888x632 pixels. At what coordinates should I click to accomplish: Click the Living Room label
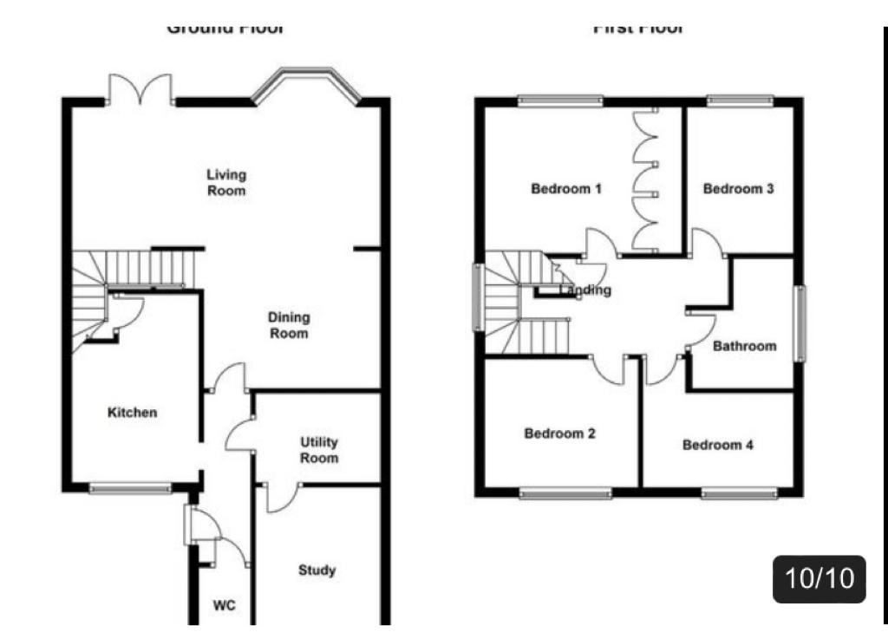click(x=226, y=183)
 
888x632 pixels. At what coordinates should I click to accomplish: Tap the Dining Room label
click(x=289, y=325)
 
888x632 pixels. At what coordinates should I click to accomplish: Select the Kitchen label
click(x=133, y=413)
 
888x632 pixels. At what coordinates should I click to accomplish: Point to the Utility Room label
click(x=319, y=450)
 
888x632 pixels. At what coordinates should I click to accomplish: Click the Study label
click(x=317, y=570)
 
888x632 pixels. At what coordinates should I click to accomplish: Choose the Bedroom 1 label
click(x=566, y=188)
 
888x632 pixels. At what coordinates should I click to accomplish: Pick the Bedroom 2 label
click(x=559, y=433)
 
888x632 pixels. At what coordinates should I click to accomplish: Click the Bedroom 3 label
click(x=738, y=188)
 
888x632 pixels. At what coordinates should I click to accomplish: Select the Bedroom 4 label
click(x=718, y=445)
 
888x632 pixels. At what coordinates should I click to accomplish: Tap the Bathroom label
click(x=745, y=346)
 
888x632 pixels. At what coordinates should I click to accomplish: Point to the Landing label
click(x=586, y=290)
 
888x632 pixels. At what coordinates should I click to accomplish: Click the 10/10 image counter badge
click(x=819, y=578)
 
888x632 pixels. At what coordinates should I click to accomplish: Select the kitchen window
click(x=131, y=488)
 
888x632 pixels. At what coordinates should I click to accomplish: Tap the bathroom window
click(x=801, y=322)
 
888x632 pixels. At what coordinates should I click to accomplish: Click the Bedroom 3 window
click(x=739, y=101)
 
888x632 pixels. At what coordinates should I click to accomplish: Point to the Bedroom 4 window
click(x=739, y=493)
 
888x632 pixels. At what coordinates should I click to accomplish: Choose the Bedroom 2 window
click(x=565, y=493)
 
